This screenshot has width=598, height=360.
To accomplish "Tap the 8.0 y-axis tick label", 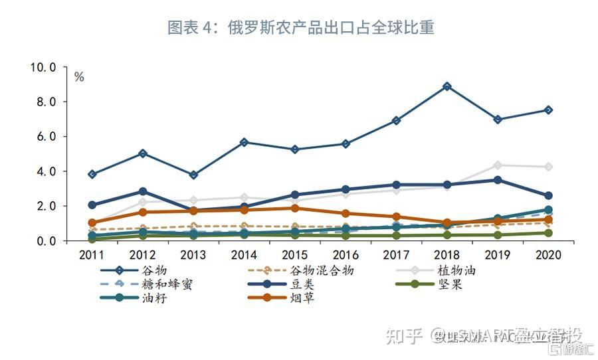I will click(46, 102).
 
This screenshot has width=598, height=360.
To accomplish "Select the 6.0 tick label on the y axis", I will click(46, 137).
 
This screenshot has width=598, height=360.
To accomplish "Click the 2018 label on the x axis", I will click(447, 255).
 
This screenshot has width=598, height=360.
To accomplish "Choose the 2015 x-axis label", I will click(295, 255).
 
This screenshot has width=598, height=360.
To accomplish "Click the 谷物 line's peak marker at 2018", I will click(447, 86).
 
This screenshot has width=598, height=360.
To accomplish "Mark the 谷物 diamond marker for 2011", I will click(92, 174).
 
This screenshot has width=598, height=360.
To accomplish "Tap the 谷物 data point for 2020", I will click(548, 110).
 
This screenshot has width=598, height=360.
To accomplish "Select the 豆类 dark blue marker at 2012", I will click(143, 191).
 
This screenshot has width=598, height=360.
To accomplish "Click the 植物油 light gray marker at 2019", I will click(498, 165).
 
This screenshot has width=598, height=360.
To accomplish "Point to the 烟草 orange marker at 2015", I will click(295, 208).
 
